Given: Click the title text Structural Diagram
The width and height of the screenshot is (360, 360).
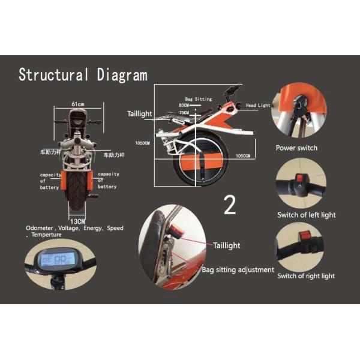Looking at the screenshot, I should [x=83, y=75].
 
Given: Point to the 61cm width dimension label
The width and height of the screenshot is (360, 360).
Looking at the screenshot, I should [x=78, y=104].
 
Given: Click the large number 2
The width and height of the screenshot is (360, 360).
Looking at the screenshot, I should [x=230, y=204].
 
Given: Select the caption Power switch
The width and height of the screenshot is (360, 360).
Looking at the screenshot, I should [x=296, y=148].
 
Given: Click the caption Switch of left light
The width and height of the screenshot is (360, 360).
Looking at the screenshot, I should [x=306, y=215].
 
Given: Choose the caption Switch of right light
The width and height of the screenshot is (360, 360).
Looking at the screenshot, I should [x=306, y=276].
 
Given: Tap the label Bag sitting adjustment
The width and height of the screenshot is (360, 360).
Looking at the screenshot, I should [x=238, y=270].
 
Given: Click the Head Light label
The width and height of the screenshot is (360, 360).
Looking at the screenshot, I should [x=259, y=106].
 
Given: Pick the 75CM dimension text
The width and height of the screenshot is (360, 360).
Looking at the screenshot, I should [x=184, y=112].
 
